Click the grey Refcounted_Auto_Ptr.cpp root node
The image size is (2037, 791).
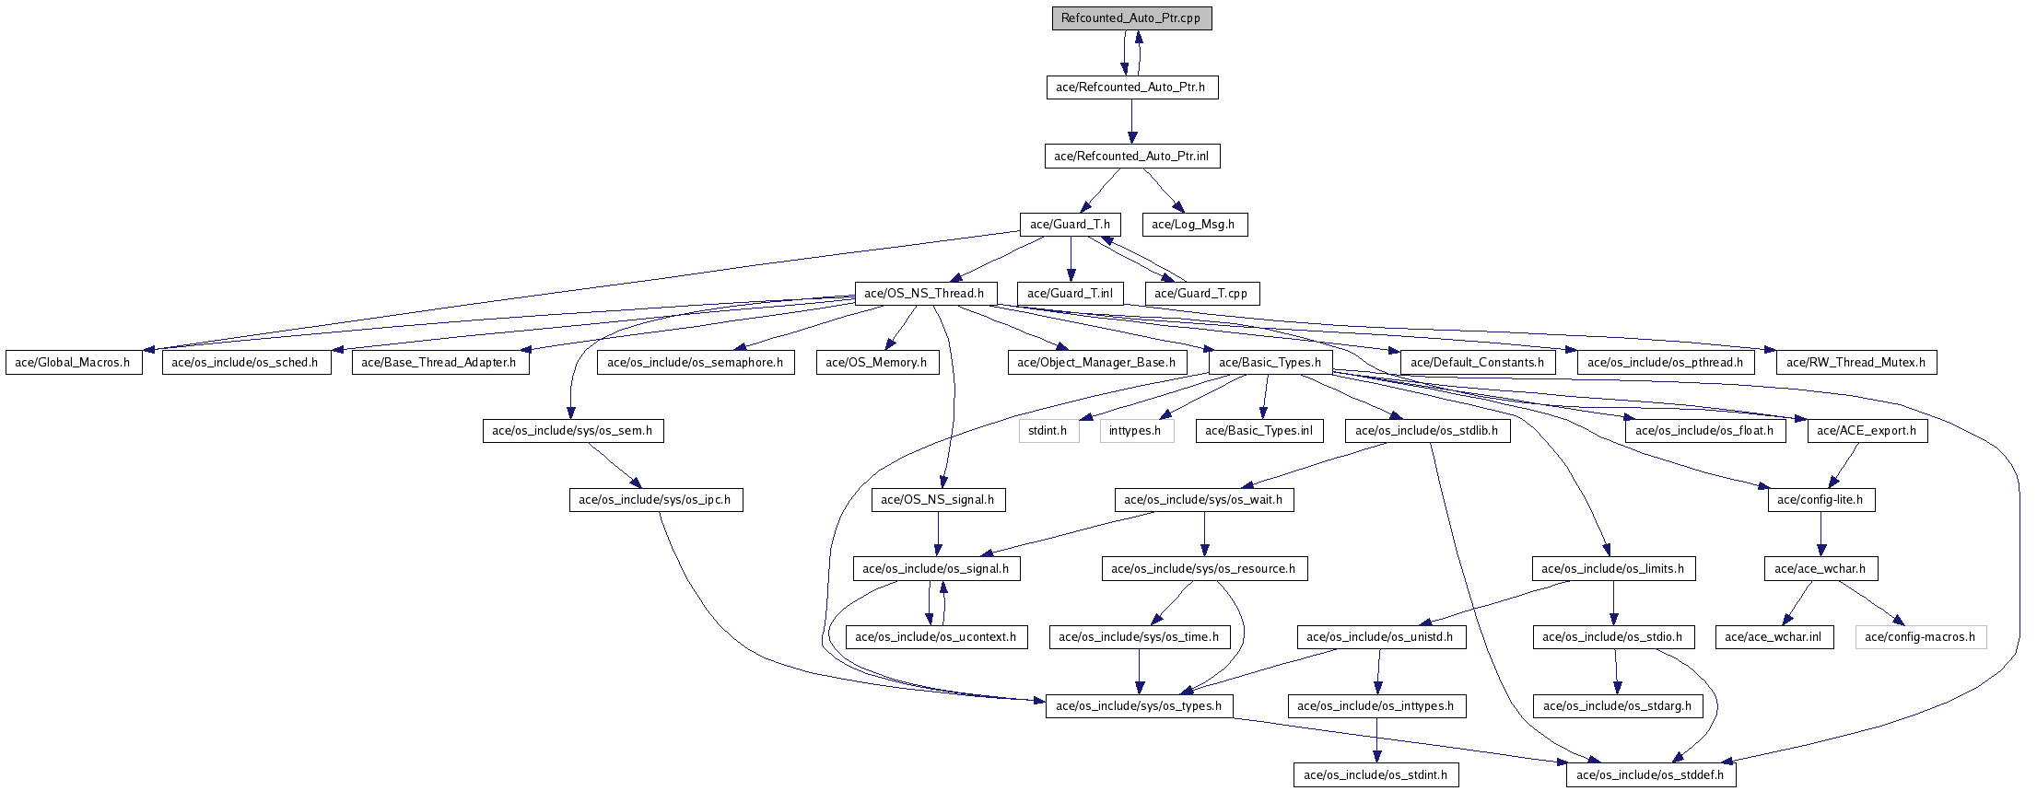click(1131, 18)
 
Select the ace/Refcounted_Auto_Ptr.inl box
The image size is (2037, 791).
click(1131, 157)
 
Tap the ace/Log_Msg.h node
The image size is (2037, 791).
click(1193, 225)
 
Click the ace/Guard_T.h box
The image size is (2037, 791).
click(1070, 225)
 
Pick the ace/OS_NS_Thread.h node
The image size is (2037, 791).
click(926, 294)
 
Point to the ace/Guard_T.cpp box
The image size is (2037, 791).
click(1200, 294)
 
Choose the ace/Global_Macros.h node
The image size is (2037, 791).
click(74, 363)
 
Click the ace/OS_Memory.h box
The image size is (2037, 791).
click(876, 363)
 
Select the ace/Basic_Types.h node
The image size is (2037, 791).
click(1270, 363)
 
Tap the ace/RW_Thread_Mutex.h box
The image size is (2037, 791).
click(1856, 363)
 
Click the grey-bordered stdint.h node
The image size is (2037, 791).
click(1048, 431)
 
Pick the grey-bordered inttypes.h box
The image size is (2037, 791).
click(1136, 431)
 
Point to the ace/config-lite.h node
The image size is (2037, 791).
click(1820, 500)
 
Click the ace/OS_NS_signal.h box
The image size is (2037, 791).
click(938, 500)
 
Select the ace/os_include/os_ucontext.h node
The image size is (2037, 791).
click(936, 637)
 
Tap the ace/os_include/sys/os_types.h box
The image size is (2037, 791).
click(1139, 706)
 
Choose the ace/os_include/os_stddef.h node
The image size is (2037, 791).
click(1651, 775)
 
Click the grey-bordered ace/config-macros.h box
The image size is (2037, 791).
click(1920, 637)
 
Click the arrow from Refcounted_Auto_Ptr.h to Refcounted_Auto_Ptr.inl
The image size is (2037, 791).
click(1131, 122)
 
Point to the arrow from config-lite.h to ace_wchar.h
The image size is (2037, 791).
click(1820, 534)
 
